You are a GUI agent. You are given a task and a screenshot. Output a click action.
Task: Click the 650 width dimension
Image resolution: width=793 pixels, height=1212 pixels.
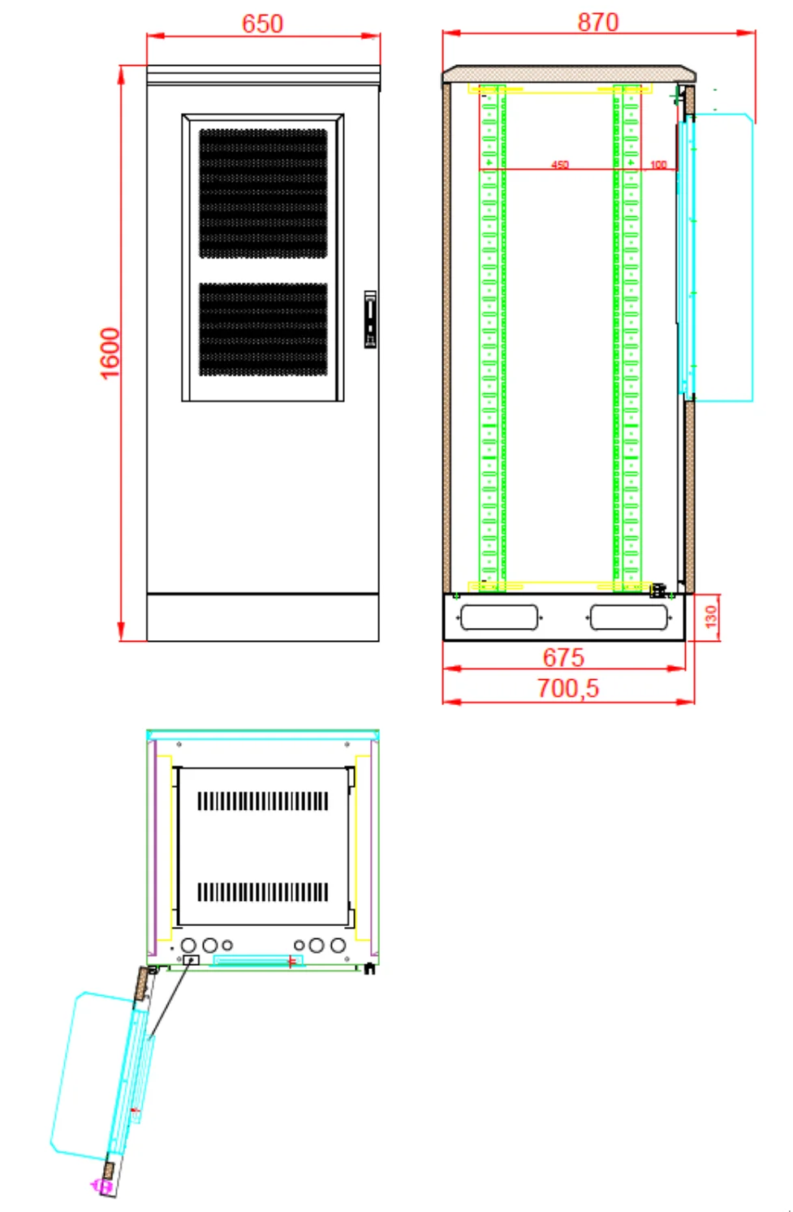(x=262, y=24)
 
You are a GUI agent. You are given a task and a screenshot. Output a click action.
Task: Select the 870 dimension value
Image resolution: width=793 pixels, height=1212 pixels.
(x=598, y=23)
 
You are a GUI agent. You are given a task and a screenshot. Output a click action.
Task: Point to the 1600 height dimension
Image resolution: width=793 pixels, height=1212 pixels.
(x=110, y=353)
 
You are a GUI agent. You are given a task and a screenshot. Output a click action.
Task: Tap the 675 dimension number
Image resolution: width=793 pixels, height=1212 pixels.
(x=563, y=657)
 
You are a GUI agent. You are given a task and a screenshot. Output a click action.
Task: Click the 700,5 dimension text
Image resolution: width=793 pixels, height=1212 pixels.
(x=567, y=688)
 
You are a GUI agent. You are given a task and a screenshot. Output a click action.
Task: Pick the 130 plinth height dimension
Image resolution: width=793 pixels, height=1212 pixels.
(x=711, y=617)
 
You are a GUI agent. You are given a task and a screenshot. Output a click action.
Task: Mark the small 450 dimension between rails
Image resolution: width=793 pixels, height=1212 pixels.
(x=560, y=164)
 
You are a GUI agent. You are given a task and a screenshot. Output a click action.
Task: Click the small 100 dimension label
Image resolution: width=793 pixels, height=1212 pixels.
(x=658, y=164)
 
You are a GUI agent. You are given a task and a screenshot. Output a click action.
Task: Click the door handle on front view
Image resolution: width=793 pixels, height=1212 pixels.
(x=370, y=319)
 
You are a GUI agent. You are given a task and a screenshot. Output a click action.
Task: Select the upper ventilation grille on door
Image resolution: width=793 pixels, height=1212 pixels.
(x=263, y=193)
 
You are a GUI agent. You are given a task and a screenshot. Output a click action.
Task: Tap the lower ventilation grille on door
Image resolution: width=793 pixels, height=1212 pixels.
(x=263, y=329)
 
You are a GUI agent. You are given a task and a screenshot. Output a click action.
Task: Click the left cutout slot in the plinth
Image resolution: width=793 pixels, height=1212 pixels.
(x=499, y=617)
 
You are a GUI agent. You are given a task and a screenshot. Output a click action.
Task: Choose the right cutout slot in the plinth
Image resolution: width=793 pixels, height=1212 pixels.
(x=629, y=617)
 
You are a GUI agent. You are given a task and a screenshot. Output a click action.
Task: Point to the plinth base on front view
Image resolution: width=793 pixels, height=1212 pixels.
(x=263, y=617)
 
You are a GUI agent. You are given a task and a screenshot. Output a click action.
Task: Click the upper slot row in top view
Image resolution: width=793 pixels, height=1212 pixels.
(x=263, y=801)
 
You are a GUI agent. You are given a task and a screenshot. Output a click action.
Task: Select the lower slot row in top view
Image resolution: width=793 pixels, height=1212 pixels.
(x=263, y=892)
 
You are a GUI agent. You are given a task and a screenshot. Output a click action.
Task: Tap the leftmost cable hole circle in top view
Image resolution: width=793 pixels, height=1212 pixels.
(x=188, y=946)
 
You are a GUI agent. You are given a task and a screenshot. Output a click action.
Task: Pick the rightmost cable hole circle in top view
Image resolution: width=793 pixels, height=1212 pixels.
(x=338, y=946)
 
